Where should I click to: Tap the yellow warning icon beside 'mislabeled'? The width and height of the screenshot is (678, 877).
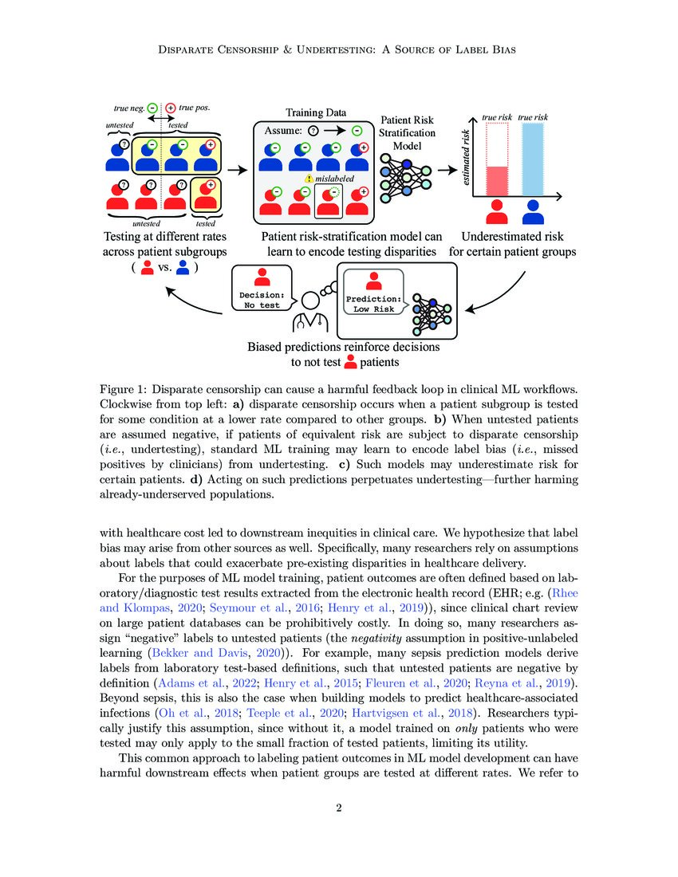(308, 180)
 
